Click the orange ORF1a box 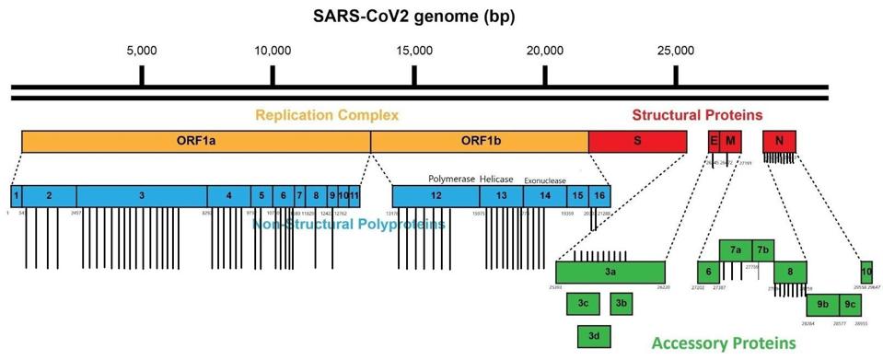(195, 142)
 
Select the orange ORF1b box (479, 142)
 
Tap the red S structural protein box (637, 142)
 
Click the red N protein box (779, 142)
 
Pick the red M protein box (730, 142)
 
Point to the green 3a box (610, 273)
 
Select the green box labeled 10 (866, 272)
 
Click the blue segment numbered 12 (436, 195)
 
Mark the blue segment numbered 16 (599, 195)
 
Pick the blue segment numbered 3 (141, 195)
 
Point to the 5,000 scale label (141, 51)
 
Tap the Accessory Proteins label (723, 343)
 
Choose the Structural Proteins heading (697, 115)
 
